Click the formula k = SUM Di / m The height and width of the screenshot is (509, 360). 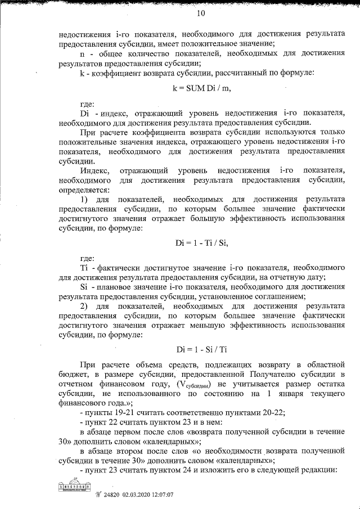pyautogui.click(x=201, y=88)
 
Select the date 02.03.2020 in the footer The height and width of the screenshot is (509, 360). pyautogui.click(x=139, y=495)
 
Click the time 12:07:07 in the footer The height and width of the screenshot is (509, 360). pyautogui.click(x=166, y=495)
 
